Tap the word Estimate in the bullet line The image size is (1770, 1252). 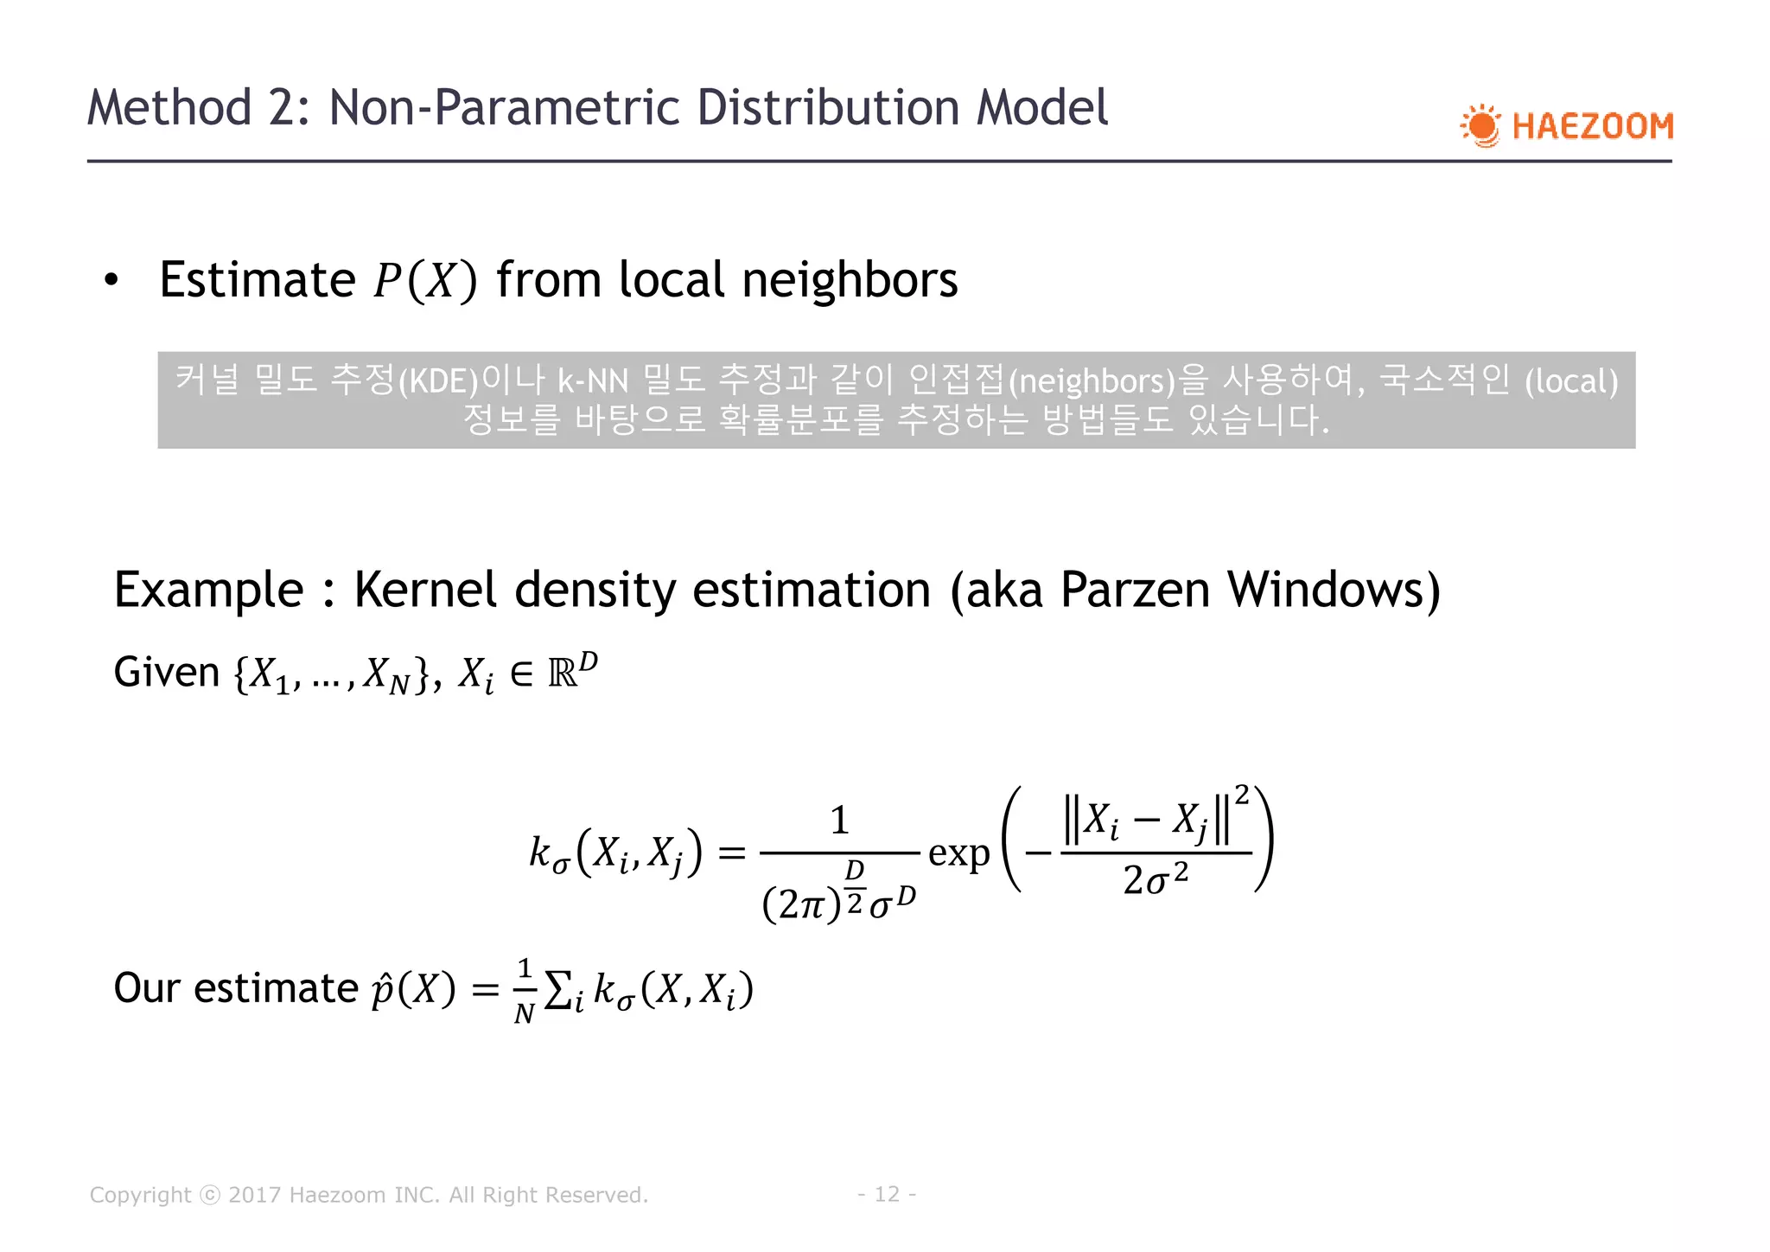coord(258,280)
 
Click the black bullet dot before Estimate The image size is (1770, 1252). coord(111,281)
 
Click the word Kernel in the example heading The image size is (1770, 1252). coord(425,591)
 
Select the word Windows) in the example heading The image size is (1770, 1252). coord(1334,591)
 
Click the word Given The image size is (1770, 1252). coord(167,673)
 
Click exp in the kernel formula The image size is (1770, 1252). coord(958,854)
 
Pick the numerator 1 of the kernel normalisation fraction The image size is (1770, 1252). coord(839,820)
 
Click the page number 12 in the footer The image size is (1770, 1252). coord(887,1194)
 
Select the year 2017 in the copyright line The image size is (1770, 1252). coord(254,1195)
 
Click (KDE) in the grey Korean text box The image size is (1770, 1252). coord(438,381)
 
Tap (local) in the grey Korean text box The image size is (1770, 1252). coord(1571,381)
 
